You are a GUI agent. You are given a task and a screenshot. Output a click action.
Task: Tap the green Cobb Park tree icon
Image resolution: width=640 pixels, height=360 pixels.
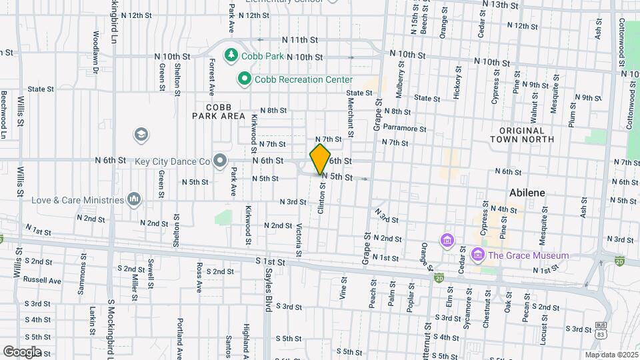tap(231, 55)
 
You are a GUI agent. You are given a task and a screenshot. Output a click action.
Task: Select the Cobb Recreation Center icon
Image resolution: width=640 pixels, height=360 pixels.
tap(244, 79)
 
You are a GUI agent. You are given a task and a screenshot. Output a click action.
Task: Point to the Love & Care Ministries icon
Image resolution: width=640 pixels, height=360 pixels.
tap(134, 199)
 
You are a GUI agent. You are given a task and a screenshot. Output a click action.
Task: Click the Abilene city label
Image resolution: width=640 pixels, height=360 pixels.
tap(527, 192)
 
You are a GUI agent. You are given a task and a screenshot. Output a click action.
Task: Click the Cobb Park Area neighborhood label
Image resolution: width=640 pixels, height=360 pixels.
tap(219, 111)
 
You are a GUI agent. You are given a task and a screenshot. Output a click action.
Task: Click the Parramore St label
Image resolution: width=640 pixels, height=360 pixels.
tap(405, 128)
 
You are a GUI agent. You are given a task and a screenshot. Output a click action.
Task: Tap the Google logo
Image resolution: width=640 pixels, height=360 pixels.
tap(22, 351)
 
